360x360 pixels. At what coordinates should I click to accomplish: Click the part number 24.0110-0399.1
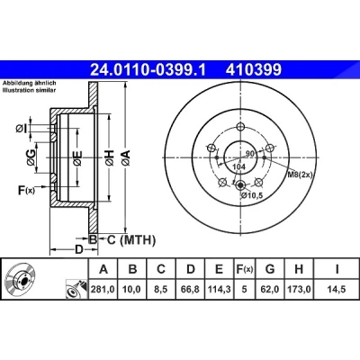[x=148, y=70]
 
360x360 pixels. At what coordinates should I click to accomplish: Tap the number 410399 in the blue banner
[x=254, y=70]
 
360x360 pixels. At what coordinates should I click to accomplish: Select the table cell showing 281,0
[x=103, y=289]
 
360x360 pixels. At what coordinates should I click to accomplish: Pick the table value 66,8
[x=191, y=289]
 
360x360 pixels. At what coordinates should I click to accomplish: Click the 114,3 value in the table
[x=220, y=289]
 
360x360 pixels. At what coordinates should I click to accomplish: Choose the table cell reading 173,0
[x=299, y=289]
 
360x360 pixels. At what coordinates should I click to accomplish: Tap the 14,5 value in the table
[x=337, y=289]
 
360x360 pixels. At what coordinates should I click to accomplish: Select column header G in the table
[x=270, y=269]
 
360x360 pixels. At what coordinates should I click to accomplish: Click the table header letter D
[x=191, y=269]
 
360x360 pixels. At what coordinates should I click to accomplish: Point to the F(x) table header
[x=245, y=269]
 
